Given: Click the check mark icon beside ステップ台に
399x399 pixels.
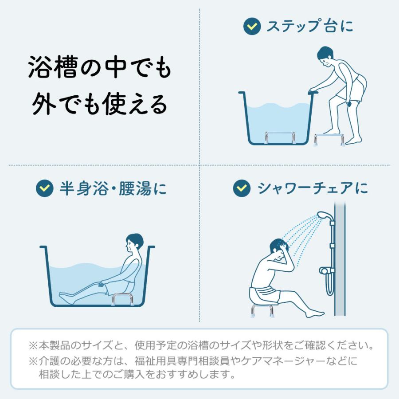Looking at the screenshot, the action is coord(252,26).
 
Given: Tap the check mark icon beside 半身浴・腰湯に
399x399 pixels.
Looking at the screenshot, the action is coord(44,188).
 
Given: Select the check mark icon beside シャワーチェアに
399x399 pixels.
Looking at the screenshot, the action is coord(242,188).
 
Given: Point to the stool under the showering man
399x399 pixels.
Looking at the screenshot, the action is coord(262,310).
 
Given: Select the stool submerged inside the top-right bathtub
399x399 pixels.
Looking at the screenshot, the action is coord(280,137).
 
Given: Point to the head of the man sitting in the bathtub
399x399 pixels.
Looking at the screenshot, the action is coord(134,243).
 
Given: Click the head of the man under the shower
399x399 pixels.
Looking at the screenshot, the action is coord(279,250).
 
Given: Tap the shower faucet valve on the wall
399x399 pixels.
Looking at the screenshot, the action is coord(327,270).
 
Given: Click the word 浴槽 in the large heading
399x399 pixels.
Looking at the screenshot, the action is coord(52,67).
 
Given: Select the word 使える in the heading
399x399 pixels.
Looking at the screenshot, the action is coord(135,104).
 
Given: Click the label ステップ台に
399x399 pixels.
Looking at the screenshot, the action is coord(310,26).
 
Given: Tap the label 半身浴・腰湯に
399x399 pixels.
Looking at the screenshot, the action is coord(113,188).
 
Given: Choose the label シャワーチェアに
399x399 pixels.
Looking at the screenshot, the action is coord(313,188).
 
